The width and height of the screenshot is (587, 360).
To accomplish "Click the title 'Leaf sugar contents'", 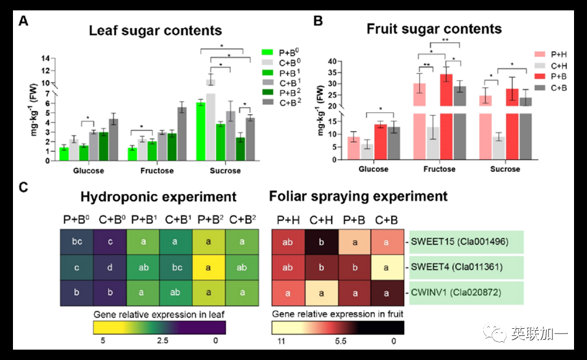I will tap(155, 30).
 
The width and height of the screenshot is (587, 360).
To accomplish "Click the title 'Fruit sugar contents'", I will tap(434, 29).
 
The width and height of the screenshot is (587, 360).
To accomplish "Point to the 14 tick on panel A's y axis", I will tap(46, 58).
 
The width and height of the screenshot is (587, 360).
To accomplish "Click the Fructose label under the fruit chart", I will tap(436, 169).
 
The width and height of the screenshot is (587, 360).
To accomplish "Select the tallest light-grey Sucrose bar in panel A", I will tap(211, 123).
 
